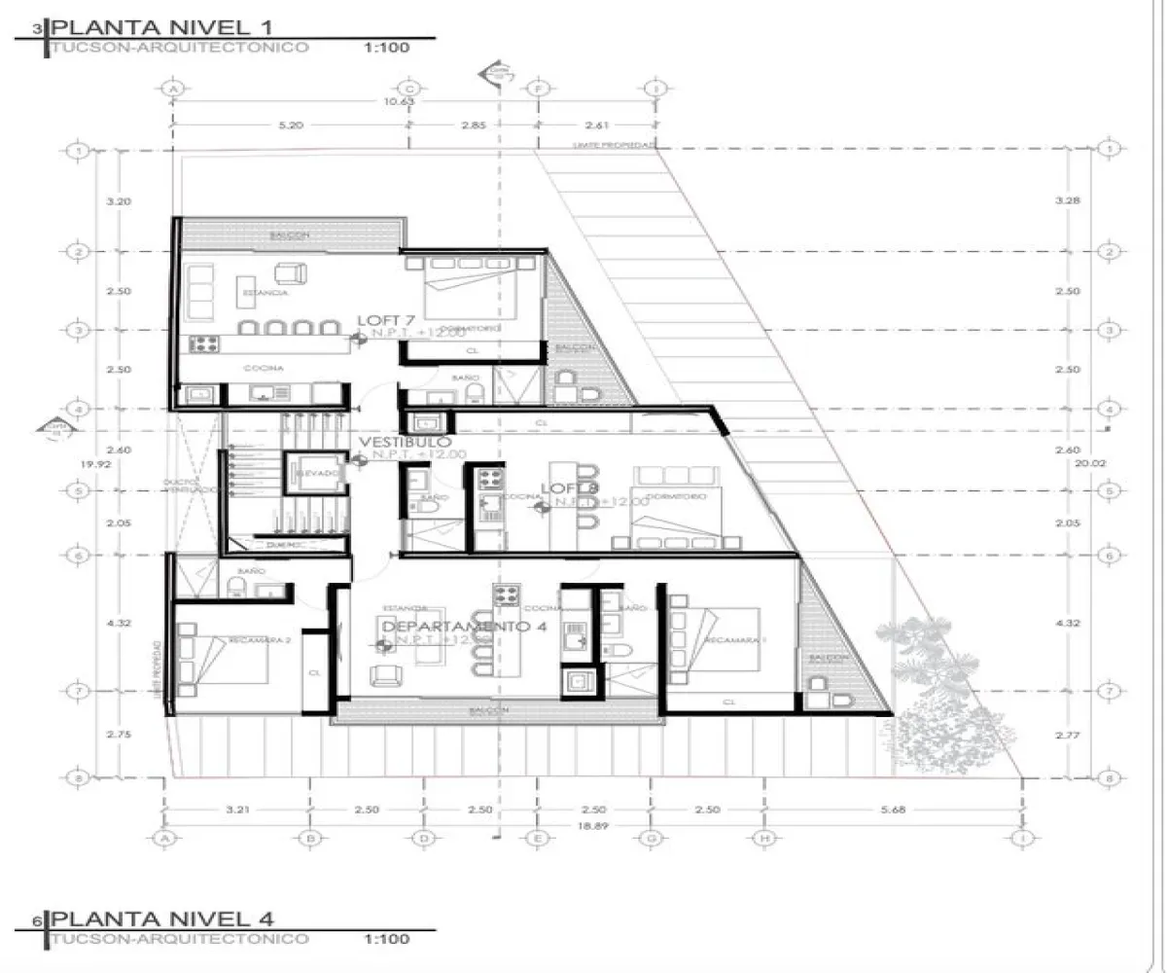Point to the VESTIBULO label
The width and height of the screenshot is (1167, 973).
[405, 443]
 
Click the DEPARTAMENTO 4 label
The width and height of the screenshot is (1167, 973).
[463, 627]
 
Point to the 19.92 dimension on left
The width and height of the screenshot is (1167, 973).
[93, 464]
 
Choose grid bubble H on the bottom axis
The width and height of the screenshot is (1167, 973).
[763, 837]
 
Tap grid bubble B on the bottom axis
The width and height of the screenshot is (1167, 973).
[309, 837]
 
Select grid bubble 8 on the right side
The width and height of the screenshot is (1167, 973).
[1106, 777]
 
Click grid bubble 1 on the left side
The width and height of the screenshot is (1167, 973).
[76, 150]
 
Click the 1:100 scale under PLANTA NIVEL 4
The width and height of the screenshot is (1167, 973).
[386, 939]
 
